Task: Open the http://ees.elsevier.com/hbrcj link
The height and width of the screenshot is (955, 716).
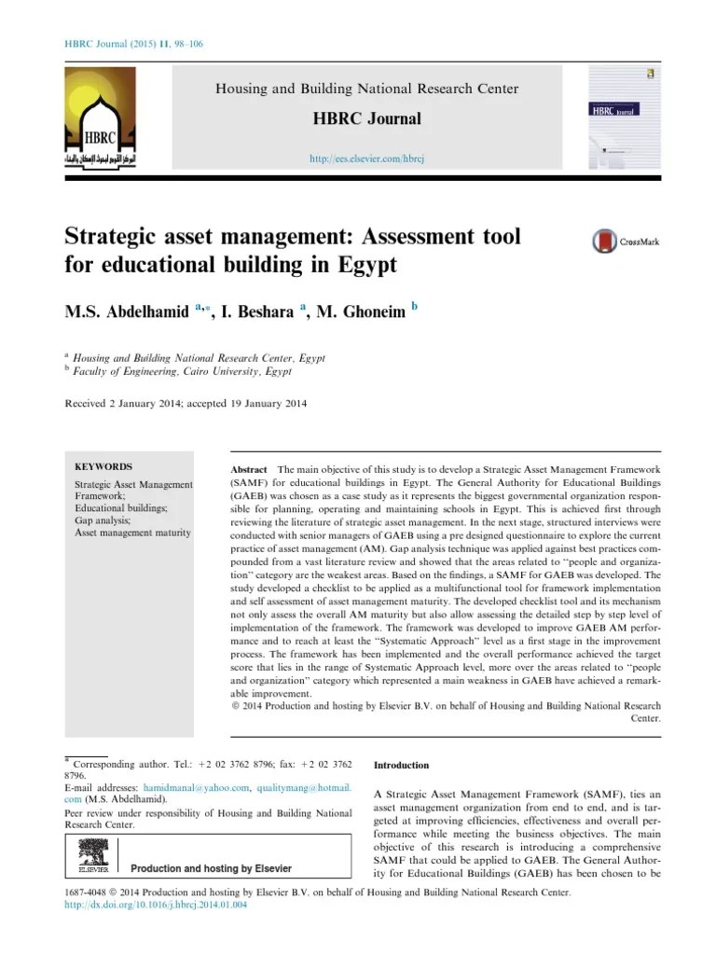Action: pos(367,159)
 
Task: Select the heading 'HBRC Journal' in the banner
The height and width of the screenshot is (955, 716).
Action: pos(367,118)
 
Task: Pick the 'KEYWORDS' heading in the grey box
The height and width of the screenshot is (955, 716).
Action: pos(103,466)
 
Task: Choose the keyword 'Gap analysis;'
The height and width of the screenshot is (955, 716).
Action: pos(103,520)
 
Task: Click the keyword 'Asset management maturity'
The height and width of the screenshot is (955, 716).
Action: pos(132,533)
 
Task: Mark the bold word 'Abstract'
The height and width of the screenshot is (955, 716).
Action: pos(248,469)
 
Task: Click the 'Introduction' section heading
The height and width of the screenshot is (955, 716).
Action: pos(401,765)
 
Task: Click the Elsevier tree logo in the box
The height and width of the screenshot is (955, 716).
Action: pos(91,854)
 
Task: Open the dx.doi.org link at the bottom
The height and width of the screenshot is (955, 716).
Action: pos(155,905)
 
